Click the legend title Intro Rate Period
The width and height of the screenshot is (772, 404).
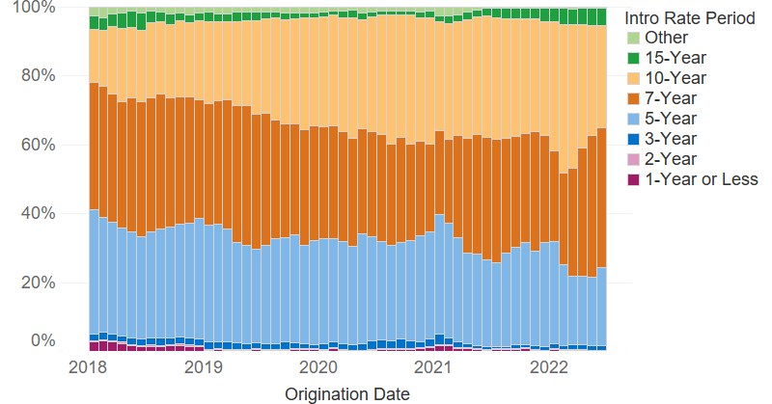(x=689, y=18)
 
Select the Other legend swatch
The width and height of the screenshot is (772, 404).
(x=633, y=39)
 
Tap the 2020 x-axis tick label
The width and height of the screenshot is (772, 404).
(x=318, y=368)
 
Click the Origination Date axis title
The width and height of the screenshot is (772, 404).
(x=347, y=394)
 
